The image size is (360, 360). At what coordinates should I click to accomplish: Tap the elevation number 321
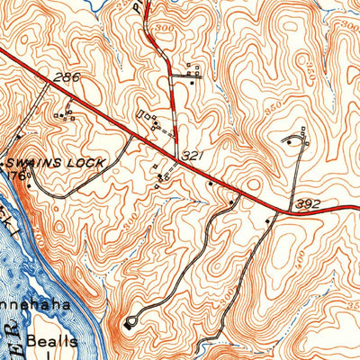click(190, 156)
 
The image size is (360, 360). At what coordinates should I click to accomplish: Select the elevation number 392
click(307, 203)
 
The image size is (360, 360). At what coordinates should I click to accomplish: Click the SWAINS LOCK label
click(56, 162)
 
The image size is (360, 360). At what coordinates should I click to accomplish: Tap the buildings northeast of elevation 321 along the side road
click(190, 72)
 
